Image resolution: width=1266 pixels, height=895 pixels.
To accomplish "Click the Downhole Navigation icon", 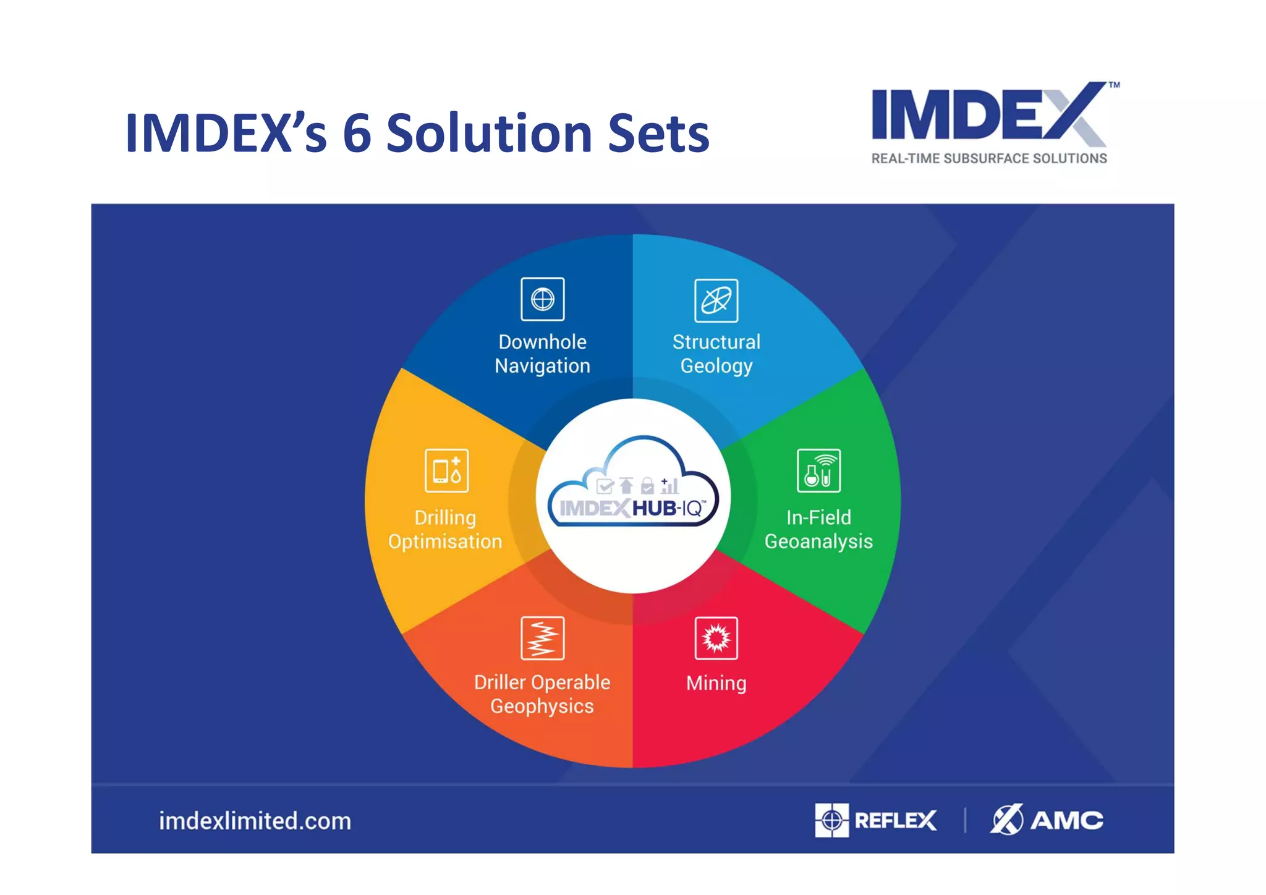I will pos(542,299).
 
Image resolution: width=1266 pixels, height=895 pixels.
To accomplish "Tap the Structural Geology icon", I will pos(716,300).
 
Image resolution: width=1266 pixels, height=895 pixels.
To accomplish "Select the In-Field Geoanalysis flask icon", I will pos(818,471).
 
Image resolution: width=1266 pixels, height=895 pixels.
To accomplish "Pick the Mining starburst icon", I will pos(716,638).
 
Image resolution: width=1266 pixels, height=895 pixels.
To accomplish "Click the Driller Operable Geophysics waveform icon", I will pos(542,638).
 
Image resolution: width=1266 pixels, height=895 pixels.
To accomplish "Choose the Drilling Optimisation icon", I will pos(446,471).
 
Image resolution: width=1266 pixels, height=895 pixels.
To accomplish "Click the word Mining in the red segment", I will pos(716,683).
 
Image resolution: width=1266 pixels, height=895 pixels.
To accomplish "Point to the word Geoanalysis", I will pos(818,541).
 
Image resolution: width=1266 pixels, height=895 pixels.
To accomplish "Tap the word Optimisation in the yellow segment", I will pos(445,541).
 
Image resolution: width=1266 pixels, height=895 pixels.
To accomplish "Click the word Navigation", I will pos(542,366).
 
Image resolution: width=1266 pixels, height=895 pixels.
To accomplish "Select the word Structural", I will pos(716,342).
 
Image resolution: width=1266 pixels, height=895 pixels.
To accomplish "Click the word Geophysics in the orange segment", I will pos(542,706).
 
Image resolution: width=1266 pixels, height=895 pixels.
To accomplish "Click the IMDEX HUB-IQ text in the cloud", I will pos(632,508).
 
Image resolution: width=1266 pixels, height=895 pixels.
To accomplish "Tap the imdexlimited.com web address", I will pos(255,821).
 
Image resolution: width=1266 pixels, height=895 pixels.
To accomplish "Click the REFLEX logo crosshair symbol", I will pos(831,820).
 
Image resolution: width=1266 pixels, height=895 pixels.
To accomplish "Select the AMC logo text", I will pos(1066,820).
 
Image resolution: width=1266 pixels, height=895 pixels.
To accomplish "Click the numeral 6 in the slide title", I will pos(357,133).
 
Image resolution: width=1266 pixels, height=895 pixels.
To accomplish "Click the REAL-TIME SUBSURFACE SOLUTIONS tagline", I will pos(988,158).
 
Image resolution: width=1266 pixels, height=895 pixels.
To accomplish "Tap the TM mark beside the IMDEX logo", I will pos(1114,85).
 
